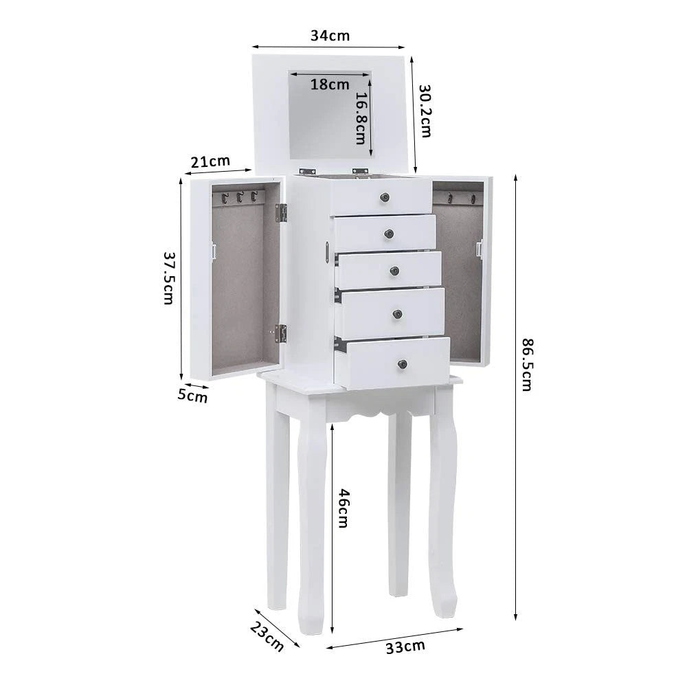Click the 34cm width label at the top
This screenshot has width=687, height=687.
click(329, 36)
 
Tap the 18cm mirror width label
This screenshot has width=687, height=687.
click(330, 85)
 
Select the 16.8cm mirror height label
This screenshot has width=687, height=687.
click(361, 118)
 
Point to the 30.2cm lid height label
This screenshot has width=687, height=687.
click(425, 111)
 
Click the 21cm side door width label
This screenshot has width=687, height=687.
click(210, 161)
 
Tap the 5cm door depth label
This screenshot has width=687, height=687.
click(192, 396)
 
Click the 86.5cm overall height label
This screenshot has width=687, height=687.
click(527, 364)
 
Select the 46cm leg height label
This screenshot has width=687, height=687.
click(343, 508)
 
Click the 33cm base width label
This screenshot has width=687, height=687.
click(404, 646)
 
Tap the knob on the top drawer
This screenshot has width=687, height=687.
click(385, 198)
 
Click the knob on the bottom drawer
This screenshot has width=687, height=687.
click(402, 363)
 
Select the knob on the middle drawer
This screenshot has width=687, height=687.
click(394, 271)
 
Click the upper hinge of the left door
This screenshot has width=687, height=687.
click(281, 213)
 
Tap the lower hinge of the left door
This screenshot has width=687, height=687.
click(280, 333)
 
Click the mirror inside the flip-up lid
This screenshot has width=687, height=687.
click(329, 115)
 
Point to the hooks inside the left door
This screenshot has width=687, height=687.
click(238, 198)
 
